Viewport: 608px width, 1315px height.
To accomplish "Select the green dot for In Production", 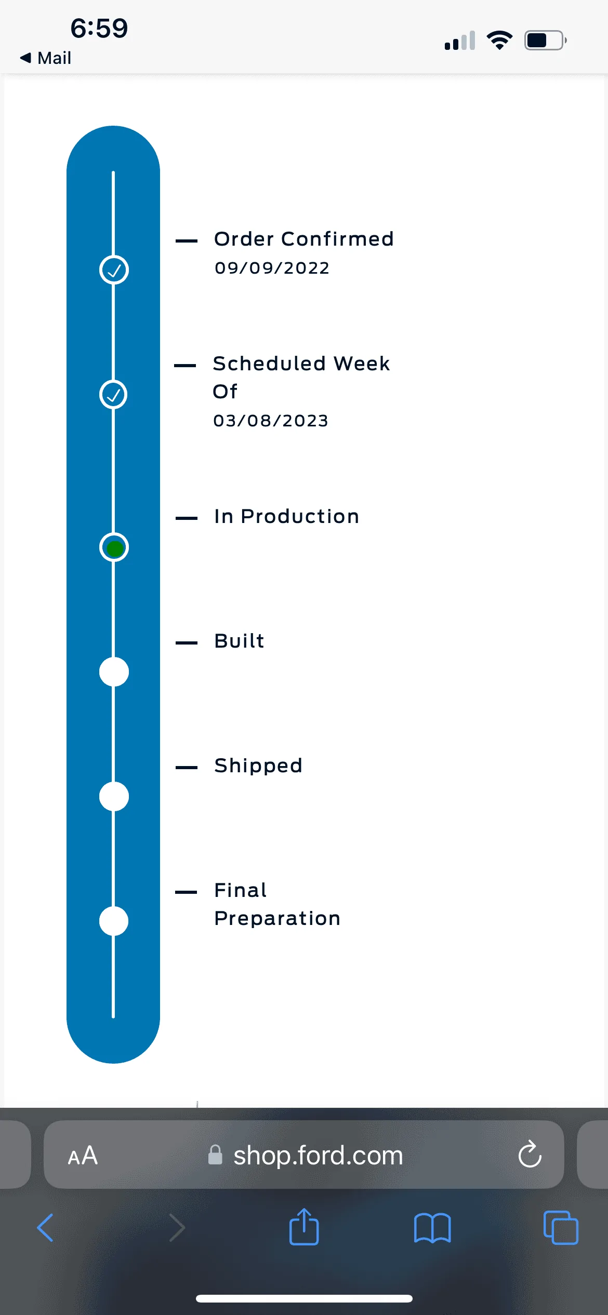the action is [114, 548].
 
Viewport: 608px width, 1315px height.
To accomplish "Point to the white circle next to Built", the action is [114, 672].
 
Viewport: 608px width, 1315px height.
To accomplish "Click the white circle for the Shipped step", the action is [114, 797].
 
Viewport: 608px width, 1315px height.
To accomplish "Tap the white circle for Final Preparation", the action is [114, 921].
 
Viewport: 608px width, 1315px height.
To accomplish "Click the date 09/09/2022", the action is [272, 268].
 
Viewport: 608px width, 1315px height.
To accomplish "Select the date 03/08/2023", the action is [271, 421].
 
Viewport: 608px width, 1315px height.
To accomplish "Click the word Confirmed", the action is [337, 239].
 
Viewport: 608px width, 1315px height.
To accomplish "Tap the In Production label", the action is [286, 516].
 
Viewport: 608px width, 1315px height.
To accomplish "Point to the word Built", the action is [239, 641].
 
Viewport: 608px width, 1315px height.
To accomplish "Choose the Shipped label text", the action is [258, 766].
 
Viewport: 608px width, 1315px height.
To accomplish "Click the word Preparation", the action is [277, 919].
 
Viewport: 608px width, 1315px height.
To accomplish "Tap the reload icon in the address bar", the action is [530, 1154].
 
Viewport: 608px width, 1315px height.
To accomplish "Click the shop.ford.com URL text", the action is [318, 1156].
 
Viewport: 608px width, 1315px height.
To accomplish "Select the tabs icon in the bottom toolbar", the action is [561, 1228].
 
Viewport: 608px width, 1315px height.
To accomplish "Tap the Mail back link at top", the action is [45, 58].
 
